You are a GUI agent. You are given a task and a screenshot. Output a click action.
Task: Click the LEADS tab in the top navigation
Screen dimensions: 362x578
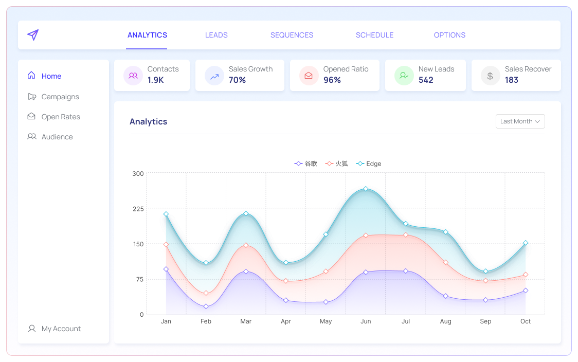[x=216, y=35]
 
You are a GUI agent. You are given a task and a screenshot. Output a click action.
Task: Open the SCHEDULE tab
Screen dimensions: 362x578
[x=374, y=35]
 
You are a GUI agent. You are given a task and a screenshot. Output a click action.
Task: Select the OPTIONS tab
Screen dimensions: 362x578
[x=449, y=35]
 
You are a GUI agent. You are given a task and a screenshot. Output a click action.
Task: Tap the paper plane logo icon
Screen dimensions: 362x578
[x=33, y=35]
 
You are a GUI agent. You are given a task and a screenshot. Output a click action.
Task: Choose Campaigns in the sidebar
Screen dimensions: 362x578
[x=60, y=97]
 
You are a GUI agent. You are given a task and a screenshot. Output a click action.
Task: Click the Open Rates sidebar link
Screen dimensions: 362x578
[x=60, y=117]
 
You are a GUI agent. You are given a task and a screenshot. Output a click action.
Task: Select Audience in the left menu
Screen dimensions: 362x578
[x=57, y=137]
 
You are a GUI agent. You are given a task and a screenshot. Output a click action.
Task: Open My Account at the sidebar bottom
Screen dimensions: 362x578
[x=61, y=329]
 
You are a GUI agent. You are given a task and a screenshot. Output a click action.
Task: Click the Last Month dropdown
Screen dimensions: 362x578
[x=520, y=121]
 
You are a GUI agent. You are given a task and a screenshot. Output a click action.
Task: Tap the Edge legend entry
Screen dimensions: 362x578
[x=369, y=164]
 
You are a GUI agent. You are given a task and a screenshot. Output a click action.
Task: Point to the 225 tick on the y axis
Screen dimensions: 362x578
[x=138, y=209]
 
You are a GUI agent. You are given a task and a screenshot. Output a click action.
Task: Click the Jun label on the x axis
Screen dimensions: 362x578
[x=366, y=321]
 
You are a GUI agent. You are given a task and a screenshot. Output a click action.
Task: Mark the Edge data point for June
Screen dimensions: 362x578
[x=366, y=189]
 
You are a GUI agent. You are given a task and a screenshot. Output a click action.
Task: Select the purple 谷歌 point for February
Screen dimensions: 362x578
[x=206, y=306]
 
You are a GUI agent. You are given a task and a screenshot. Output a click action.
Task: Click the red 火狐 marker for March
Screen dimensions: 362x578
[x=246, y=245]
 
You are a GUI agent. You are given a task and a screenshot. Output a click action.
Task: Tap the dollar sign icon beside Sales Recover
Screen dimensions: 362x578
[x=490, y=76]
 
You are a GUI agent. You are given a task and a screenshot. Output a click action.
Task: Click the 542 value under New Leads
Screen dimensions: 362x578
[x=426, y=80]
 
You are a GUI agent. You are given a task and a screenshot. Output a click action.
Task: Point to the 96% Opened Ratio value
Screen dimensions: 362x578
[x=332, y=80]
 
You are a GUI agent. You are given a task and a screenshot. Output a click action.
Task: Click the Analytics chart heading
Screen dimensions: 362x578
[x=148, y=122]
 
